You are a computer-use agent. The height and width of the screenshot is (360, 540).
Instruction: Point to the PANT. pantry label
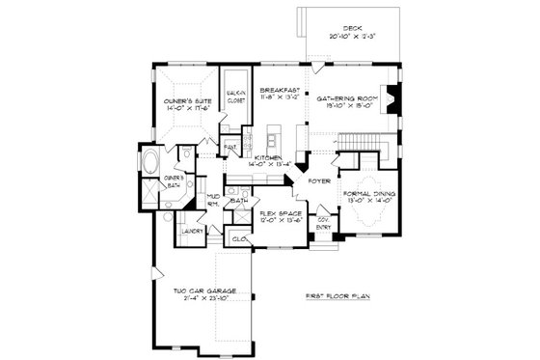(230, 148)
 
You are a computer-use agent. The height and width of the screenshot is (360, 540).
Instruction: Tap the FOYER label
(319, 180)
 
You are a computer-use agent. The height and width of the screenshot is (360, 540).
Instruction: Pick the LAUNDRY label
(189, 232)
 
